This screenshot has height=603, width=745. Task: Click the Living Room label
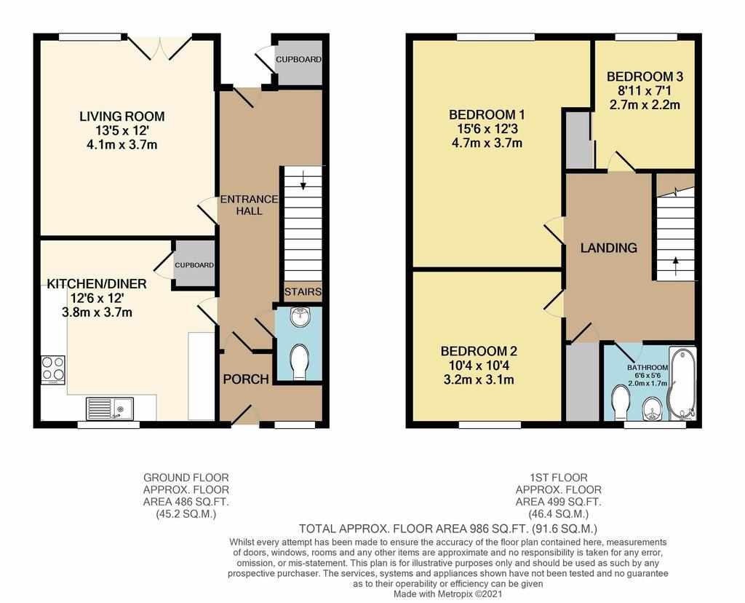122,117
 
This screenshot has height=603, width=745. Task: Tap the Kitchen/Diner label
97,284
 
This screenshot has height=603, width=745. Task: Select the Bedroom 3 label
645,76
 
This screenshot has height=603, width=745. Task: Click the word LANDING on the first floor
609,248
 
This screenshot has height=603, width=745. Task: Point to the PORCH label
246,379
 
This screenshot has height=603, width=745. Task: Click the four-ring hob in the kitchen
53,370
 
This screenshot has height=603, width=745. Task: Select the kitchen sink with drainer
111,409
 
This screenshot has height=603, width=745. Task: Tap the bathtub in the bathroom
682,385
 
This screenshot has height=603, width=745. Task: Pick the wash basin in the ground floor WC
299,318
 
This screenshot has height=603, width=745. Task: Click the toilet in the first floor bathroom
621,402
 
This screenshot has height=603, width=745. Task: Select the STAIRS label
303,291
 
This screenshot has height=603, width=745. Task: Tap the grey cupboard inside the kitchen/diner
194,264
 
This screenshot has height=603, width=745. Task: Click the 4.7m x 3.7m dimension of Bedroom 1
487,143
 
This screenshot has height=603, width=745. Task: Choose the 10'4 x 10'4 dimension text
478,366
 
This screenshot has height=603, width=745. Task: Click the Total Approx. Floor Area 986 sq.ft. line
448,528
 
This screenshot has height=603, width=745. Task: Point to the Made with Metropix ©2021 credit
447,594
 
